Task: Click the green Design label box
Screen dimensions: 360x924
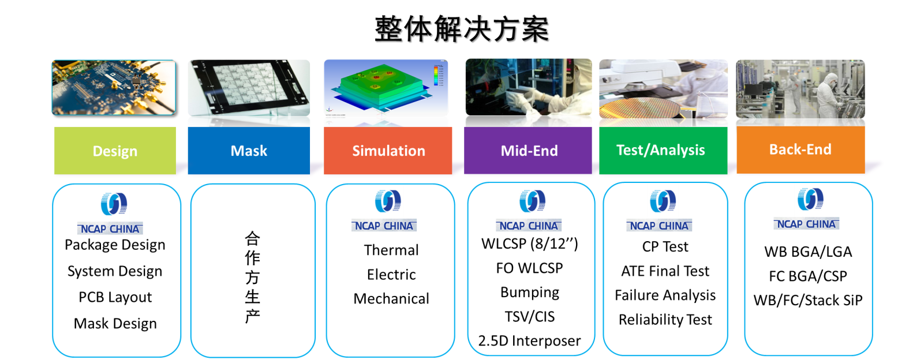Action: pos(115,151)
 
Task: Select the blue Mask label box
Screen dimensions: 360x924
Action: pos(249,151)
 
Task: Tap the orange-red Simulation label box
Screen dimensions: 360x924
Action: pos(388,151)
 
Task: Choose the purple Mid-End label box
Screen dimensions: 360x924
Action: pos(529,151)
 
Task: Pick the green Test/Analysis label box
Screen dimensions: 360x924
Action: pos(661,150)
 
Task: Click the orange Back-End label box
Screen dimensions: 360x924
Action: pos(800,149)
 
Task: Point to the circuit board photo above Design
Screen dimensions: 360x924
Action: pos(114,87)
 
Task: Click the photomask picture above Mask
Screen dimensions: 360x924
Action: pos(249,89)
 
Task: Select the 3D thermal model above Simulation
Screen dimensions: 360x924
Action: pos(386,89)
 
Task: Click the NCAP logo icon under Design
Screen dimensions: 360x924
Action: pos(114,203)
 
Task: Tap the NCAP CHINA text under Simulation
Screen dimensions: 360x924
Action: pos(384,226)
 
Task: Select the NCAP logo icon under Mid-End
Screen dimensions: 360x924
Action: pos(532,201)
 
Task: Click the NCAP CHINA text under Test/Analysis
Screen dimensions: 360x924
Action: pos(659,226)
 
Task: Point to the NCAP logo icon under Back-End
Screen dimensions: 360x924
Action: pos(810,199)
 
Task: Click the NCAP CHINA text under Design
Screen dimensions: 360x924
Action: pos(110,229)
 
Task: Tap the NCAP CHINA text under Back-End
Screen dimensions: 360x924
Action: pos(806,224)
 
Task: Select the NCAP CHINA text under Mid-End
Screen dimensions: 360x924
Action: pos(529,226)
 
